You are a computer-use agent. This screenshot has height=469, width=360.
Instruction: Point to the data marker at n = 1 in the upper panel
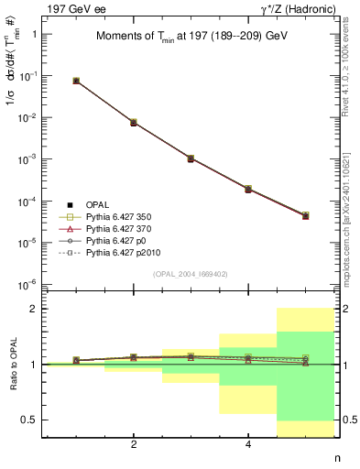tap(76, 81)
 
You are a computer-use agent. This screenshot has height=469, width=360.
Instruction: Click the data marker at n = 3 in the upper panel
tap(191, 158)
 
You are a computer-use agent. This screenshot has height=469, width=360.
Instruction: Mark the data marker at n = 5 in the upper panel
tap(305, 216)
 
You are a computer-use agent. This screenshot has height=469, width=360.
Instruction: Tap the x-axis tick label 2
tap(134, 445)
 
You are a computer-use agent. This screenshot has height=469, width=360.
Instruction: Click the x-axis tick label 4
tap(248, 445)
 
